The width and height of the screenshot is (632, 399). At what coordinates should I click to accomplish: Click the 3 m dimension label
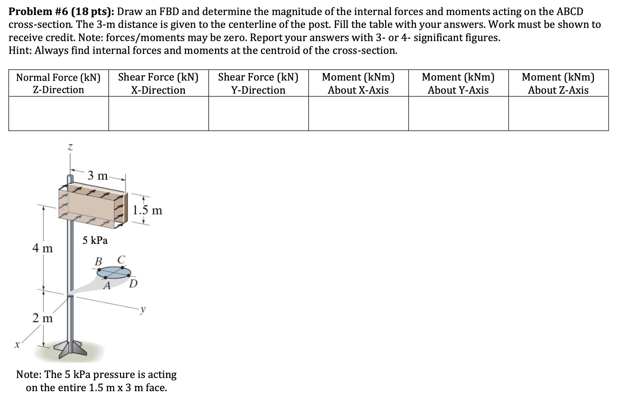[97, 176]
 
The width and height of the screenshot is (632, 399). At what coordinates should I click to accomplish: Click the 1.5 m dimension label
[147, 210]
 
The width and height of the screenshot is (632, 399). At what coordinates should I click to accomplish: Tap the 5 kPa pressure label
[95, 240]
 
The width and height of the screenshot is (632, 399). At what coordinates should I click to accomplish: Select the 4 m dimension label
[43, 248]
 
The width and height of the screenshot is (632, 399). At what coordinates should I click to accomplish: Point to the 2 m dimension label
[43, 318]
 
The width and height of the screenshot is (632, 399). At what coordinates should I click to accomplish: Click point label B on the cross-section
[98, 261]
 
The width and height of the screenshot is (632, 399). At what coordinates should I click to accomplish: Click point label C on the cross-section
[121, 260]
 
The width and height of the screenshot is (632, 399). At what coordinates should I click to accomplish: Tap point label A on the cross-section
[107, 286]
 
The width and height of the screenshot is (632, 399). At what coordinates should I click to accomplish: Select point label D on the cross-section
[133, 284]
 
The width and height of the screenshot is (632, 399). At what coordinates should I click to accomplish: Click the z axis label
[71, 147]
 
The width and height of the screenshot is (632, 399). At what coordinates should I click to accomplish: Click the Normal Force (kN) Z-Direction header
[58, 83]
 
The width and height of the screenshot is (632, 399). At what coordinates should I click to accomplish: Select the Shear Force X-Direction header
[158, 83]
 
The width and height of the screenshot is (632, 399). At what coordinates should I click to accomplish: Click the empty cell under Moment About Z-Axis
[558, 113]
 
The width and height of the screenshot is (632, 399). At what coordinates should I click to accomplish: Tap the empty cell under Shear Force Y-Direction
[258, 113]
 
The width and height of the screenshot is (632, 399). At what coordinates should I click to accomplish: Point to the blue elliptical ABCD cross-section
[114, 272]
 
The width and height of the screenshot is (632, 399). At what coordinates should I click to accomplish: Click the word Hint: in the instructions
[20, 50]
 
